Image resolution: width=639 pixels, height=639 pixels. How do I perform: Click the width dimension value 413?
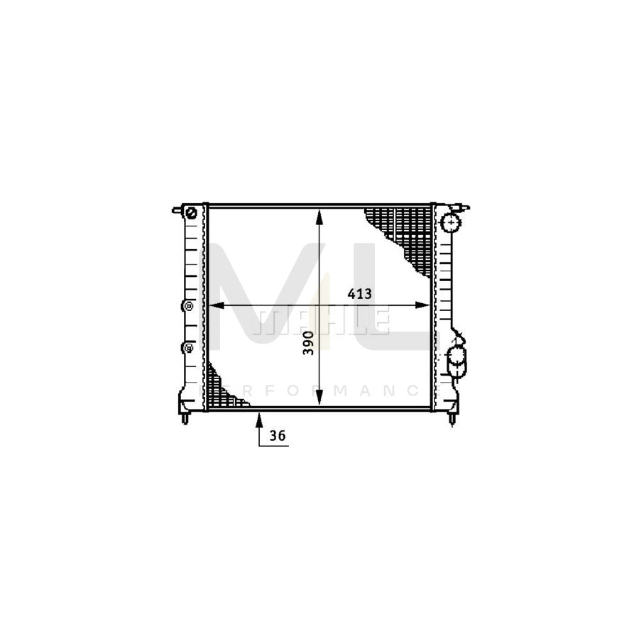pos(359,293)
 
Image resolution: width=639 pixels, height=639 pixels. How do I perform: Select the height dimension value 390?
pos(309,343)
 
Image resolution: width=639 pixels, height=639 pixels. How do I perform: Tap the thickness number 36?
pos(278,436)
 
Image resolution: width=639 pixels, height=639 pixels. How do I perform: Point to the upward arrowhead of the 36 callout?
pos(258,420)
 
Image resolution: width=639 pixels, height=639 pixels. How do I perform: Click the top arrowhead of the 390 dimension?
pos(319,217)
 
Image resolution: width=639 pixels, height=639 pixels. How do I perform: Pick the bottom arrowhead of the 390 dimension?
pos(319,398)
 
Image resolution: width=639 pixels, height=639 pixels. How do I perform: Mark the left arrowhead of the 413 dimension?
pos(216,305)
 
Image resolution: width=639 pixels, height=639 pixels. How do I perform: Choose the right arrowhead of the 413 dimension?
pos(422,305)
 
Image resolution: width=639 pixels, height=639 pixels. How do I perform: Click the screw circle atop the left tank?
pos(191,213)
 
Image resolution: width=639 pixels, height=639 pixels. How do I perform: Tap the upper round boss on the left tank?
pos(188,305)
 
